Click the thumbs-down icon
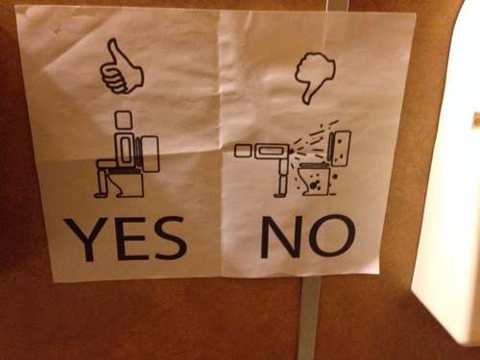(x=315, y=75)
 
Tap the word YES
(x=125, y=239)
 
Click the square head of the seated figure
(x=123, y=120)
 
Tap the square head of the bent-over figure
(x=241, y=150)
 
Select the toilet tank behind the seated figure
(x=149, y=153)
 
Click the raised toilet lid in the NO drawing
(x=339, y=145)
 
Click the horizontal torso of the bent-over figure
(x=273, y=150)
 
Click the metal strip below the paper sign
(x=307, y=317)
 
